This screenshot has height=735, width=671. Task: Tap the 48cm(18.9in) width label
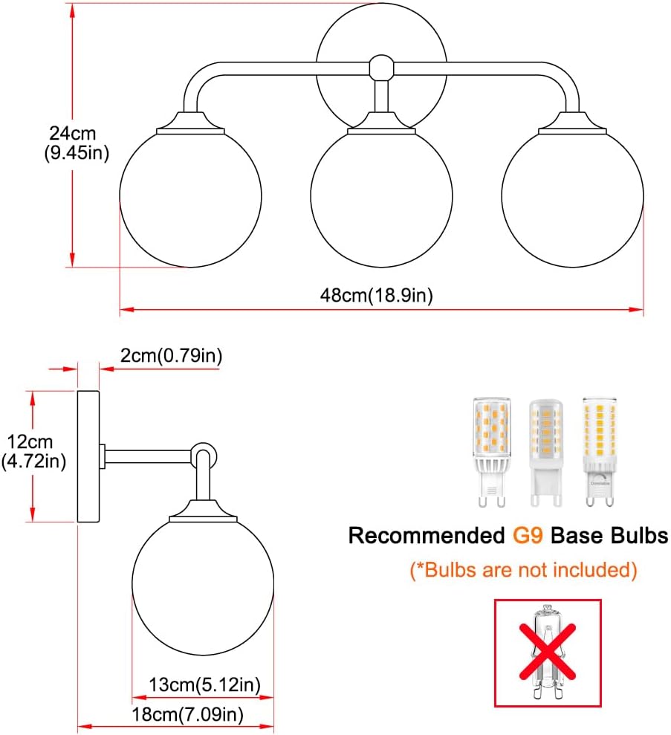click(x=376, y=295)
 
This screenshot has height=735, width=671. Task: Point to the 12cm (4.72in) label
click(x=33, y=452)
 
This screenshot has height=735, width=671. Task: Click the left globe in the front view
click(x=190, y=198)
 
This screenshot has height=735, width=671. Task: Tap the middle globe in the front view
click(x=381, y=198)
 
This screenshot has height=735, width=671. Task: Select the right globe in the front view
click(x=572, y=198)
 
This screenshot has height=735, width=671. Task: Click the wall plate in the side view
click(x=89, y=455)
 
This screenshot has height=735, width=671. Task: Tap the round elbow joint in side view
click(x=203, y=453)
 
